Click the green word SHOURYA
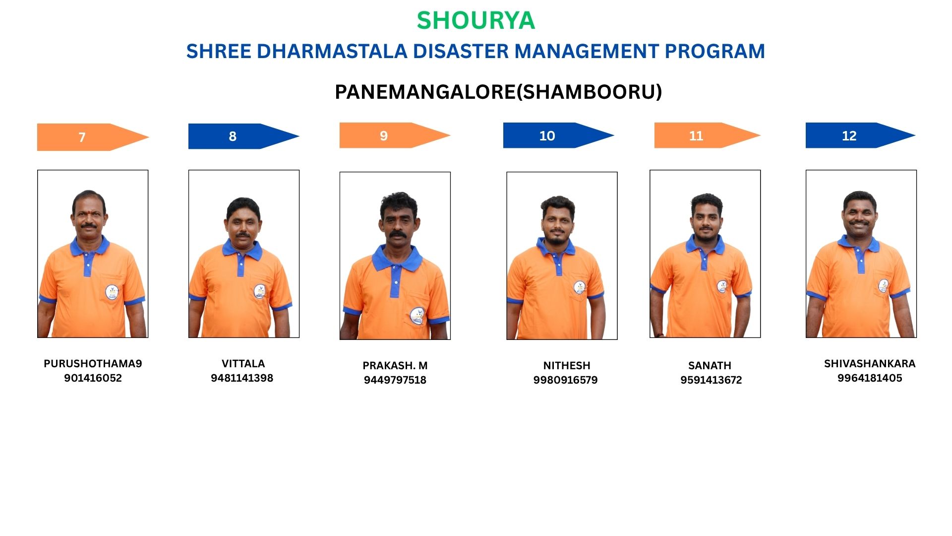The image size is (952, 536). pyautogui.click(x=476, y=20)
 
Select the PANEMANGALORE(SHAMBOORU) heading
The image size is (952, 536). pyautogui.click(x=498, y=92)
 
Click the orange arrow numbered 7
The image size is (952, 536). pyautogui.click(x=93, y=137)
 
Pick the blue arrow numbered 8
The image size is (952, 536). pyautogui.click(x=243, y=136)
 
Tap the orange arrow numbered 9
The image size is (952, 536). pyautogui.click(x=395, y=135)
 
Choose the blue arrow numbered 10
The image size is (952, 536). pyautogui.click(x=558, y=135)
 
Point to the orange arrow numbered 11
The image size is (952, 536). pyautogui.click(x=707, y=135)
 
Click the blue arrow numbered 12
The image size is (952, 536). pyautogui.click(x=860, y=135)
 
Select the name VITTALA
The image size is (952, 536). pyautogui.click(x=243, y=363)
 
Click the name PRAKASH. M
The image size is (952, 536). pyautogui.click(x=395, y=366)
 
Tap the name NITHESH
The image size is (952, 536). pyautogui.click(x=567, y=366)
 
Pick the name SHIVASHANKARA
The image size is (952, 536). pyautogui.click(x=870, y=364)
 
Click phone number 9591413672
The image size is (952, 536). pyautogui.click(x=711, y=380)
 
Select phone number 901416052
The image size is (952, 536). pyautogui.click(x=93, y=378)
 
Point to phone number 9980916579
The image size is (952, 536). pyautogui.click(x=565, y=380)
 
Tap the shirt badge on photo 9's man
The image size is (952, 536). pyautogui.click(x=417, y=316)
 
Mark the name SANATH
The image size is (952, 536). pyautogui.click(x=710, y=366)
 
